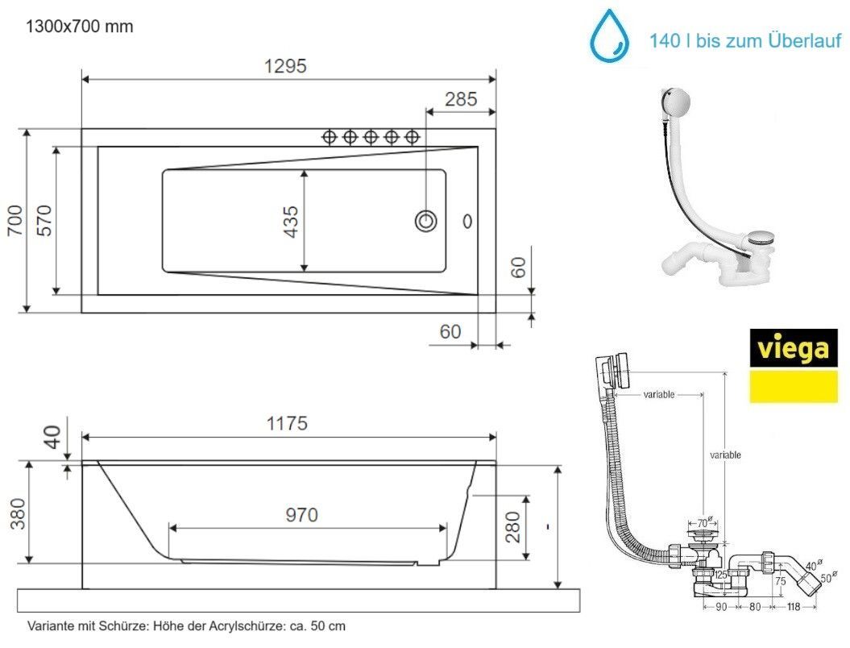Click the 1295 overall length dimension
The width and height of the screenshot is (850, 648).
pos(285,66)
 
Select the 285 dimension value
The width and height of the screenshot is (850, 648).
pos(461,99)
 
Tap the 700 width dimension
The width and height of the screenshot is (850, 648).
pos(16,220)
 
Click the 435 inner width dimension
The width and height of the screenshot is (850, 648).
pos(291,222)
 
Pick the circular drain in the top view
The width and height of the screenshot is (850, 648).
pos(426,222)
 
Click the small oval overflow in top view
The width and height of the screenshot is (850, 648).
pos(467,221)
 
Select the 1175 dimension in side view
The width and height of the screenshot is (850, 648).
pos(287,423)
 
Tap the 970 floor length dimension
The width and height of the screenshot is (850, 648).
pos(301,514)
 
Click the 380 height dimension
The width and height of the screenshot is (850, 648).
pos(18,513)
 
